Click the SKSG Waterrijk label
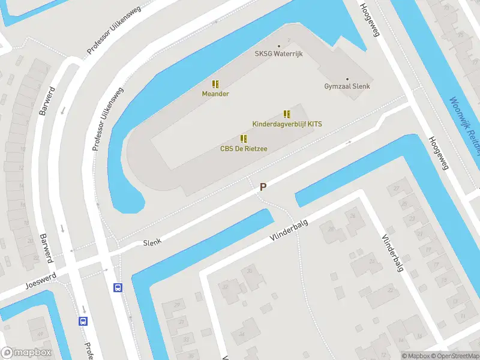tap(278, 54)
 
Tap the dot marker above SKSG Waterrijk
tap(278, 46)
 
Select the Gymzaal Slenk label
tap(347, 86)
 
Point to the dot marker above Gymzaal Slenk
tap(347, 79)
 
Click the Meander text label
tap(215, 94)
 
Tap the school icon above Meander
tap(215, 85)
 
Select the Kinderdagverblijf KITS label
tap(287, 124)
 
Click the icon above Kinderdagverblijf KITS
tap(287, 114)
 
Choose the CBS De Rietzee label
tap(244, 149)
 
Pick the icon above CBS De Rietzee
tap(244, 139)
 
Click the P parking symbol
tap(263, 187)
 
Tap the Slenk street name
tap(152, 243)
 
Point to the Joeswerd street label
tap(41, 278)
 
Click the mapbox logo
tap(26, 353)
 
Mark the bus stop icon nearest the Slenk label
tap(118, 287)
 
